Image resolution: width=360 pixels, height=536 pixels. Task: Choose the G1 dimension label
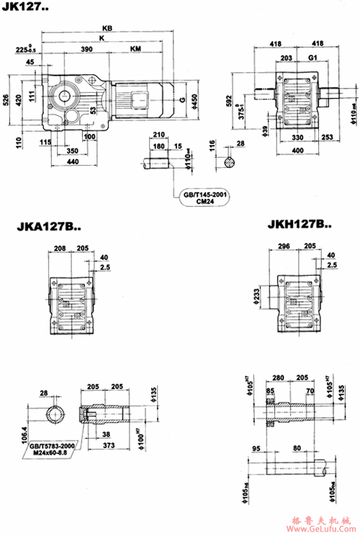(x=312, y=58)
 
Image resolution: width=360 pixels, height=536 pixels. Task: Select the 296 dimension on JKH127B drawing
(x=283, y=246)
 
